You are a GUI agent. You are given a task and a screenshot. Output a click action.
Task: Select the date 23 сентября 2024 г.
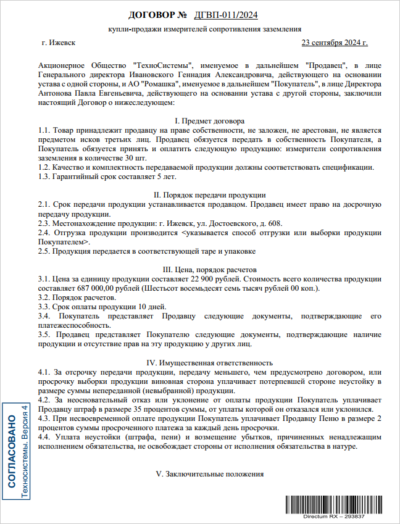334,43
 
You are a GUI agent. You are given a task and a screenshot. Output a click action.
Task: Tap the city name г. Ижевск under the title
59,43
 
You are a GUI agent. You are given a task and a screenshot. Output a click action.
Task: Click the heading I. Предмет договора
210,121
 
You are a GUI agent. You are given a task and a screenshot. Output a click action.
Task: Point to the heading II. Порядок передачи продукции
210,195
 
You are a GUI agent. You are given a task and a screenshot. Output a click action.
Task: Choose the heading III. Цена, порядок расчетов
210,269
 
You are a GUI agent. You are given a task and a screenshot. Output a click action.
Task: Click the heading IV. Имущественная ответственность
210,363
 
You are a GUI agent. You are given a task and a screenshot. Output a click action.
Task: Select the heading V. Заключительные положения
210,474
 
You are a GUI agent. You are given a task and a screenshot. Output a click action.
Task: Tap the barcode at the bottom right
333,503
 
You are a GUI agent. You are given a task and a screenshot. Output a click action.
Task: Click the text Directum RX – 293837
333,516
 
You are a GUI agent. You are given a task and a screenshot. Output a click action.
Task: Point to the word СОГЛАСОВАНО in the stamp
12,452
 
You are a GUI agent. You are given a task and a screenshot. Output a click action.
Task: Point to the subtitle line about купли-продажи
204,29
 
